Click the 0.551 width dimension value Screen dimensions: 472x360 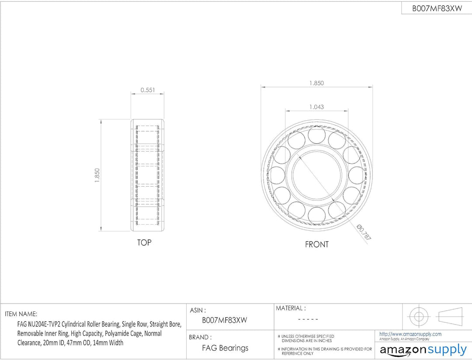148,90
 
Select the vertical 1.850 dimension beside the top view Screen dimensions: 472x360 97,175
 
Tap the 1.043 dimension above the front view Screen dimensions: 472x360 317,107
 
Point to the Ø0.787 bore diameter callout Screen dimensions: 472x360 363,232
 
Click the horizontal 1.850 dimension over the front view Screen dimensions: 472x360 317,83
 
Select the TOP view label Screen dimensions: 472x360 144,242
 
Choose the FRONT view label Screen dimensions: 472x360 317,245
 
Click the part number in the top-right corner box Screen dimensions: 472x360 437,8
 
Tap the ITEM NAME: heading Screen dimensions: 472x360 21,314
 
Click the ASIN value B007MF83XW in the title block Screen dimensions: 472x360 224,320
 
